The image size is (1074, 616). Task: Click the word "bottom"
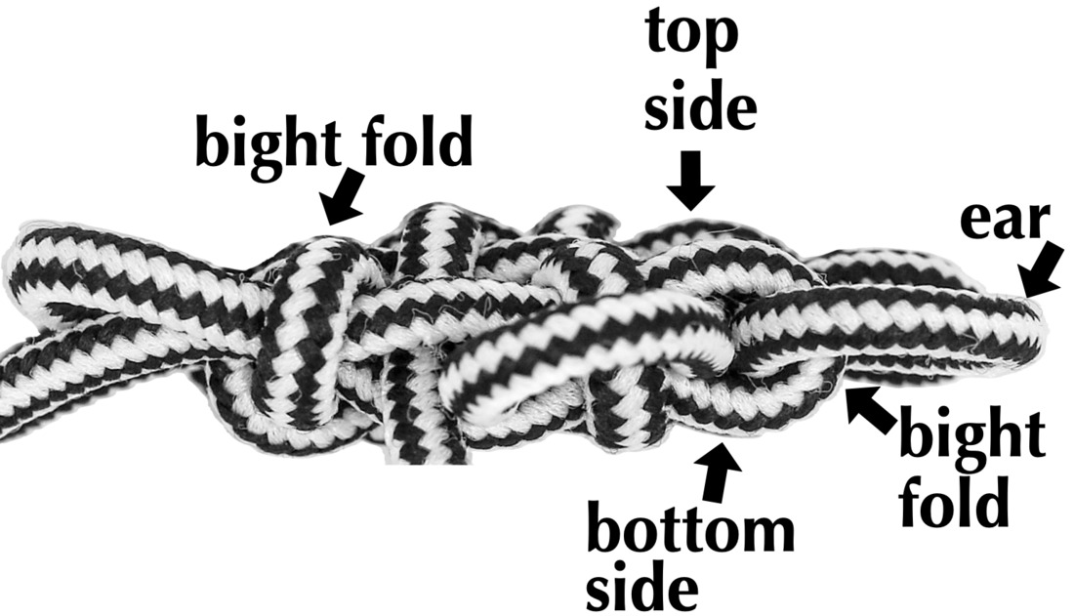tap(689, 529)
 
